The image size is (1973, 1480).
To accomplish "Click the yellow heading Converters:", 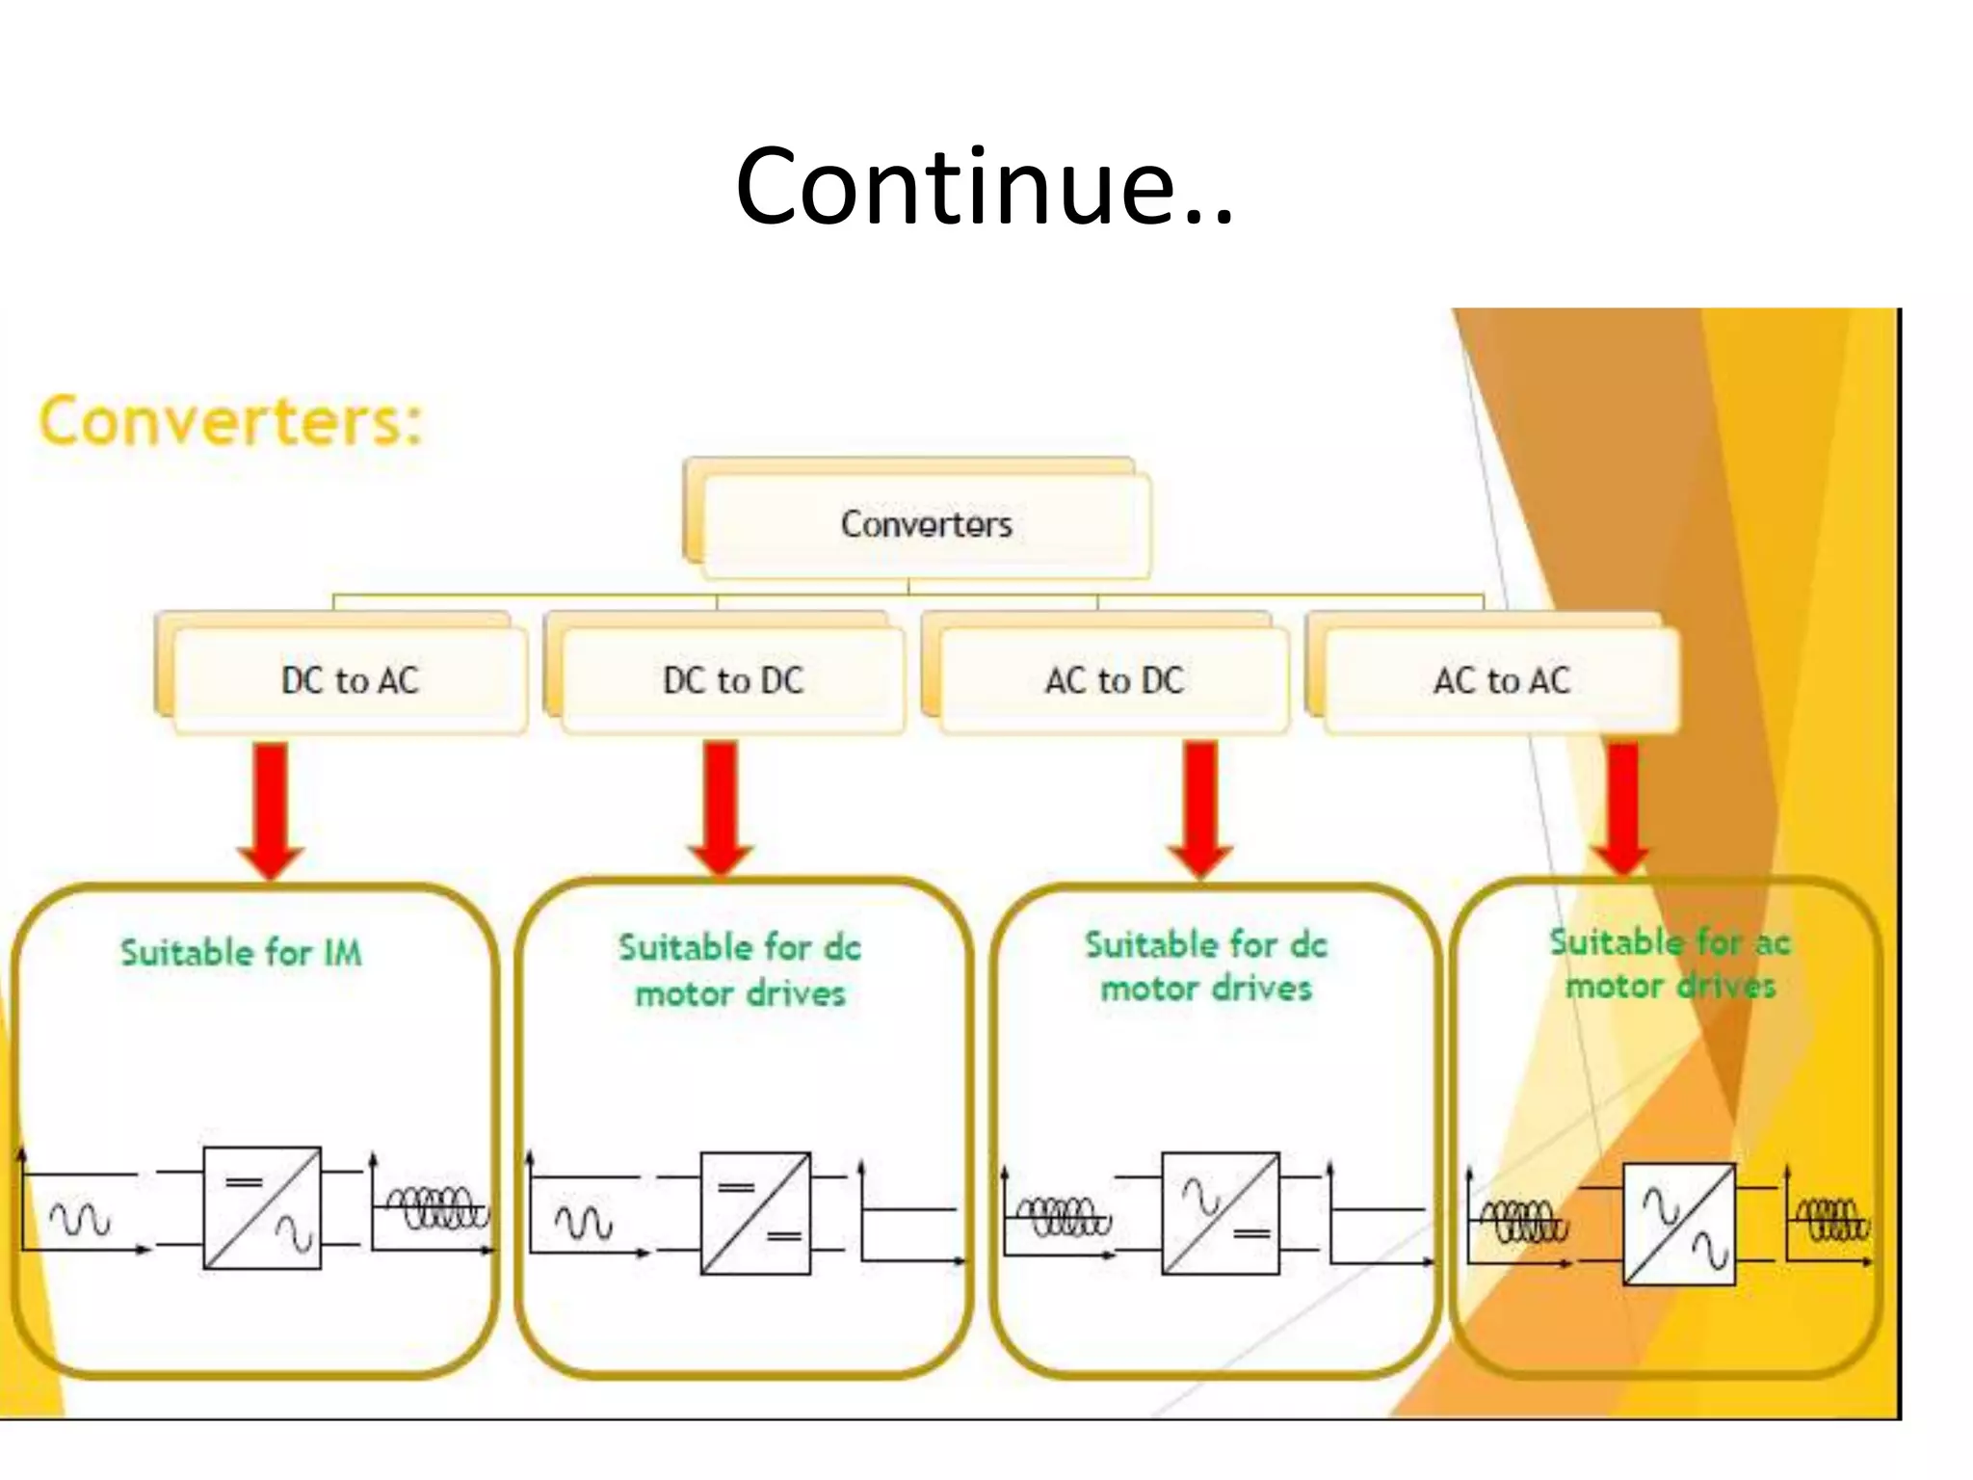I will (231, 421).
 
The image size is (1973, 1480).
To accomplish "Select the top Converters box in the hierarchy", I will (926, 524).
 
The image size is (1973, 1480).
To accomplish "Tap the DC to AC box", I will (350, 680).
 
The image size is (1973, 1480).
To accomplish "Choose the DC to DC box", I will (732, 680).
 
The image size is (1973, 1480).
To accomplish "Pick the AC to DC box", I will (1114, 680).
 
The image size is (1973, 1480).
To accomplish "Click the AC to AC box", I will (1501, 680).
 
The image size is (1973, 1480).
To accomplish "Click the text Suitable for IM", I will (241, 953).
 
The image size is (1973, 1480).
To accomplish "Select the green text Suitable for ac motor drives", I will (1670, 964).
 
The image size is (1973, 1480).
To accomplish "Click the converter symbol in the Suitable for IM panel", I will (262, 1207).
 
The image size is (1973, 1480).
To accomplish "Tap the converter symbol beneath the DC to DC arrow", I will (755, 1213).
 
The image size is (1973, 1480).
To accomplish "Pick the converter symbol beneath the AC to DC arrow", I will (1221, 1213).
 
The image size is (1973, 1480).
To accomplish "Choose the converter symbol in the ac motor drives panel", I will (1679, 1224).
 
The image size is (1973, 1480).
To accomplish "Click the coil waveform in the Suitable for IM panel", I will (436, 1207).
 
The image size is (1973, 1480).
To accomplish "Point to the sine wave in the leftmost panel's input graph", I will (80, 1220).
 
